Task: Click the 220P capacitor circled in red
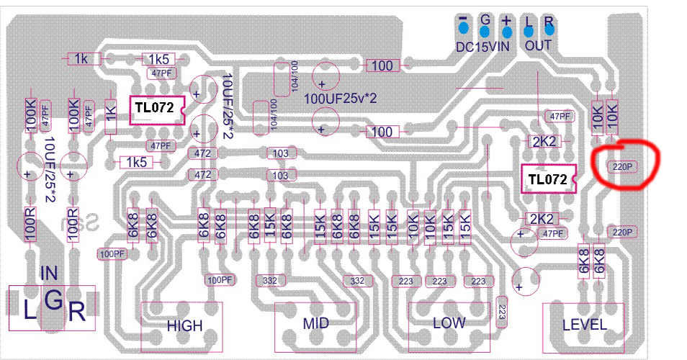[621, 166]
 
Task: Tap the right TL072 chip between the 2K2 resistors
[547, 181]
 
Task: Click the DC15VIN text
[484, 47]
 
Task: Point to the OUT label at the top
[538, 46]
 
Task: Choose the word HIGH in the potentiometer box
[185, 325]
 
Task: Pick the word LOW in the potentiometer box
[449, 323]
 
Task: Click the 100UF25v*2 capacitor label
[341, 97]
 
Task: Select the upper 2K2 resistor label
[543, 142]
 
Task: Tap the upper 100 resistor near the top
[382, 66]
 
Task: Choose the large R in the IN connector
[77, 311]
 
